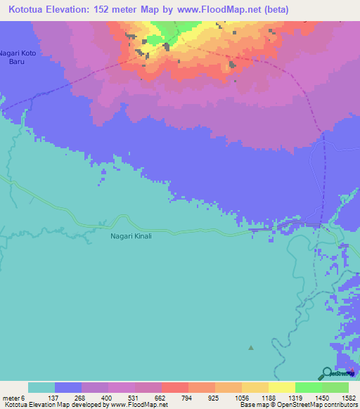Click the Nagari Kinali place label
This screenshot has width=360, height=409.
[x=131, y=236]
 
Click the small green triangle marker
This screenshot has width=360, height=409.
[x=252, y=347]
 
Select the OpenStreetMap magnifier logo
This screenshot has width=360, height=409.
[x=327, y=373]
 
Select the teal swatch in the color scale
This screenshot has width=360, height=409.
[x=41, y=388]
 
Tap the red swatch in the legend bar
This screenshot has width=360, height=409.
[x=175, y=388]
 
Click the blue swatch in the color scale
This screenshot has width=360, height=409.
[x=68, y=388]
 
